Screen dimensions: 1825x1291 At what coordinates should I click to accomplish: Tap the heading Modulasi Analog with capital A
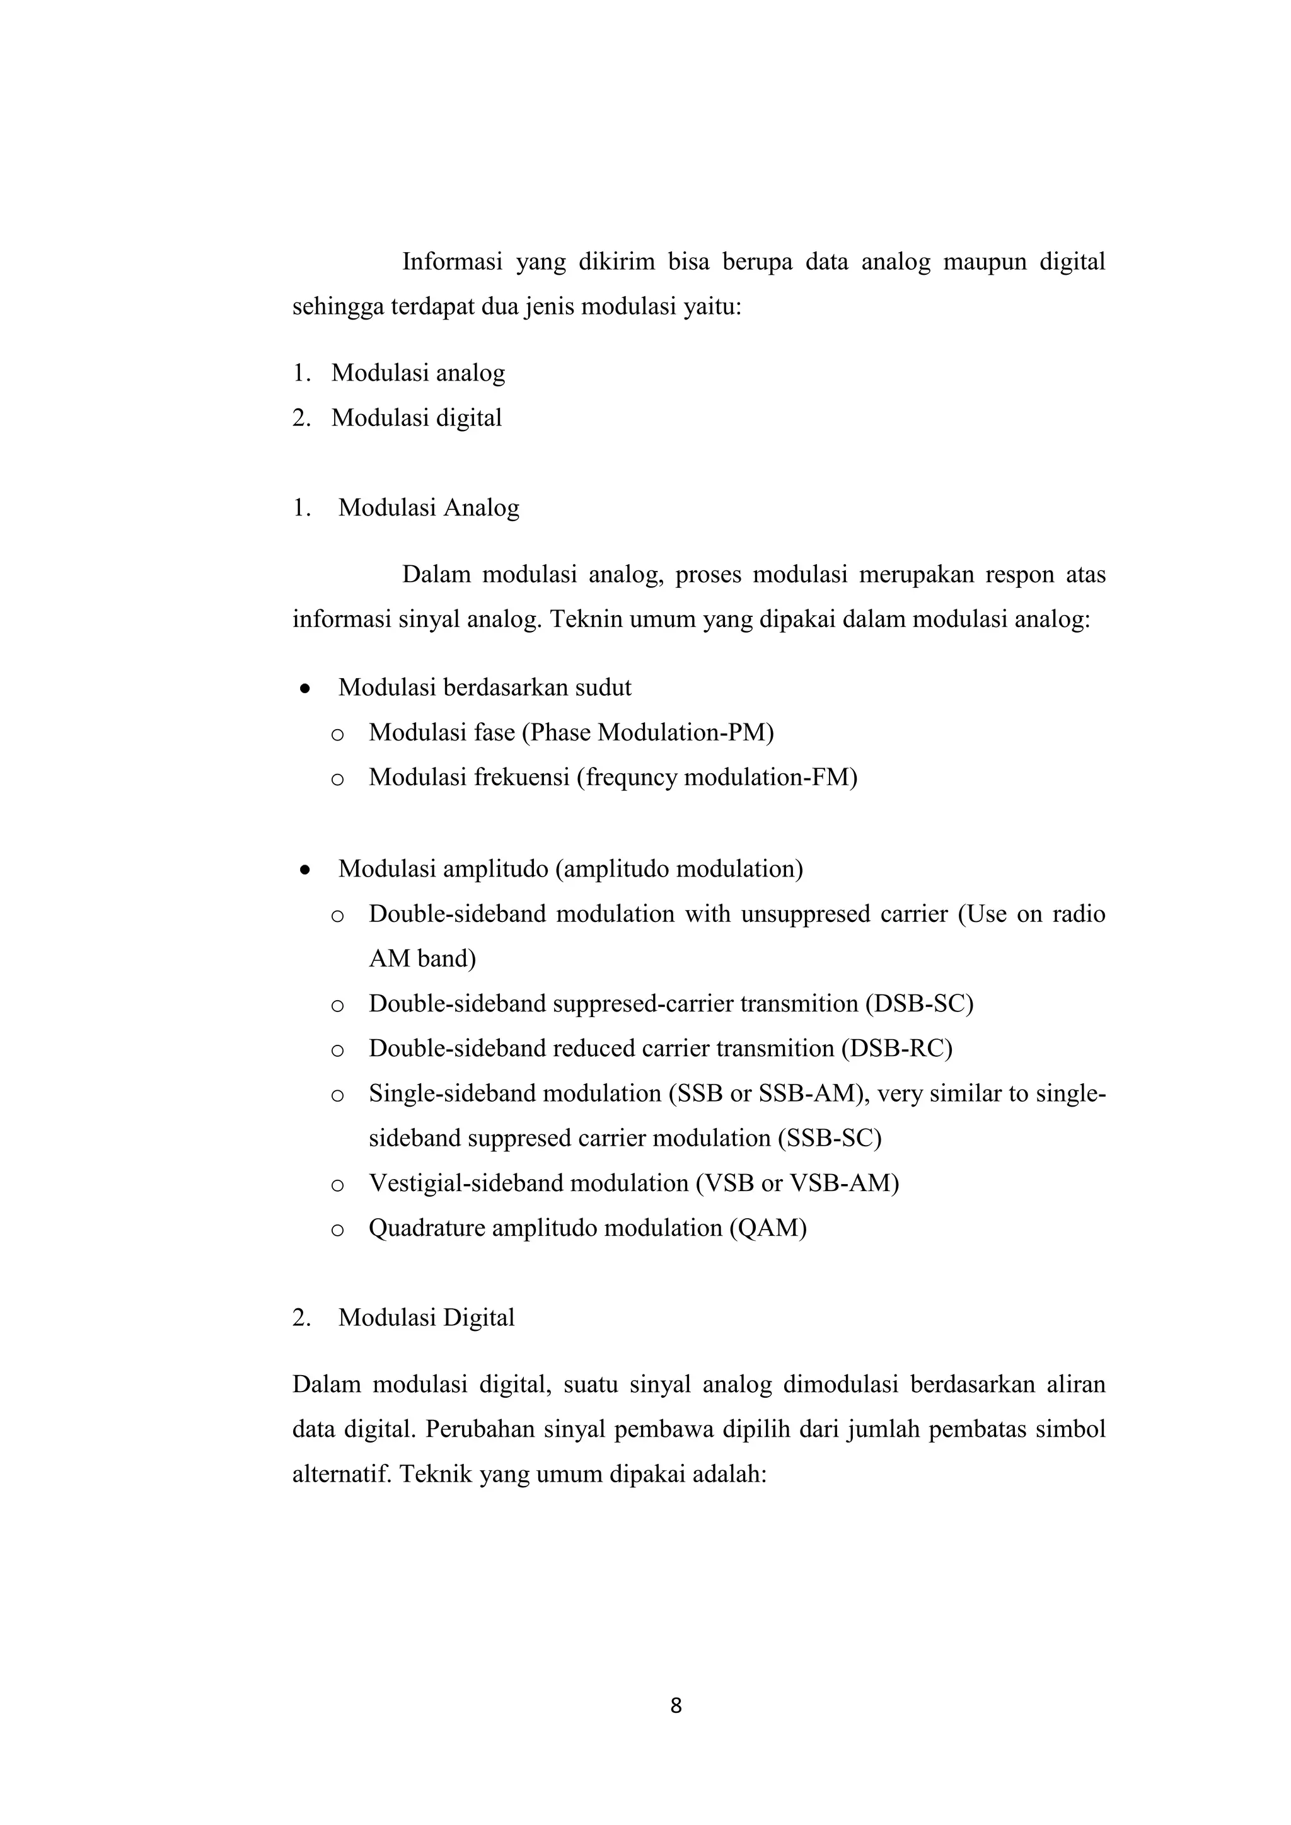[429, 507]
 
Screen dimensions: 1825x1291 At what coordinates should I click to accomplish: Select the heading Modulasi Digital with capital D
[426, 1317]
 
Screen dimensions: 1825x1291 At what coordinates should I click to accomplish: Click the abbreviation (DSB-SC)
[919, 1003]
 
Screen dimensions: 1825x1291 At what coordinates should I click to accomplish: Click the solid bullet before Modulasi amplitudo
[304, 870]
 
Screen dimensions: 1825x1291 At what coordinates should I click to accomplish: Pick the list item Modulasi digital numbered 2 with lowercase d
[416, 417]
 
